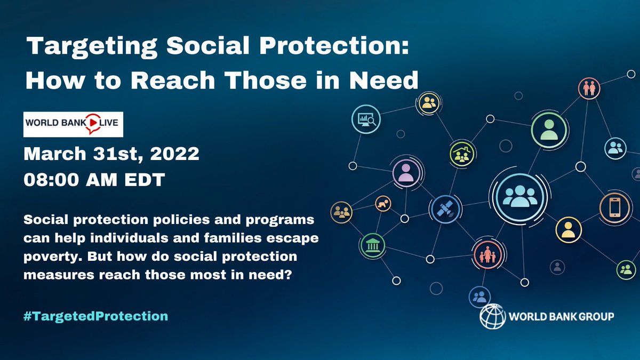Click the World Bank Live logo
[x=74, y=124]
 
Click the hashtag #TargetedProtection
[x=96, y=316]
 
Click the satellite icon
[x=444, y=207]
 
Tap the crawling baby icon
[x=382, y=203]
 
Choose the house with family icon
[x=461, y=154]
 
